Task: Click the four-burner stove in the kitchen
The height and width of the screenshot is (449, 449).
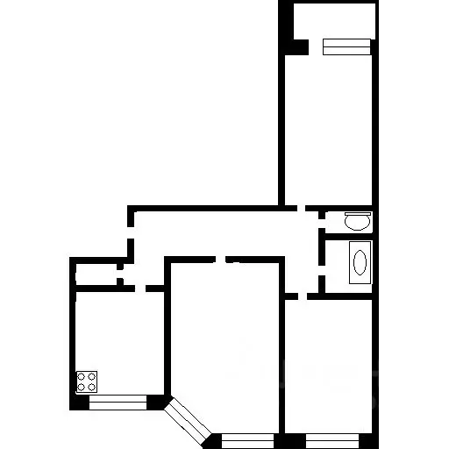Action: pyautogui.click(x=87, y=381)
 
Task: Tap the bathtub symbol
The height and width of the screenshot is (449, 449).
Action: pyautogui.click(x=359, y=262)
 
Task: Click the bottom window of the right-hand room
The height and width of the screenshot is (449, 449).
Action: pyautogui.click(x=331, y=436)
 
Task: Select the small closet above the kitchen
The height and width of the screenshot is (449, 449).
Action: pyautogui.click(x=94, y=273)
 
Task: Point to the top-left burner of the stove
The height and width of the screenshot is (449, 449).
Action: pyautogui.click(x=82, y=377)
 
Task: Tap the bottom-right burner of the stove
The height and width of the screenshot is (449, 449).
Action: pyautogui.click(x=92, y=387)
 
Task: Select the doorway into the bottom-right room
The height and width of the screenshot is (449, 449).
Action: pyautogui.click(x=296, y=296)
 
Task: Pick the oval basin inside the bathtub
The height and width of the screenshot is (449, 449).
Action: pyautogui.click(x=359, y=262)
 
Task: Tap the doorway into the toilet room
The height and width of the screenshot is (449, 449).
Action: pyautogui.click(x=321, y=220)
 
